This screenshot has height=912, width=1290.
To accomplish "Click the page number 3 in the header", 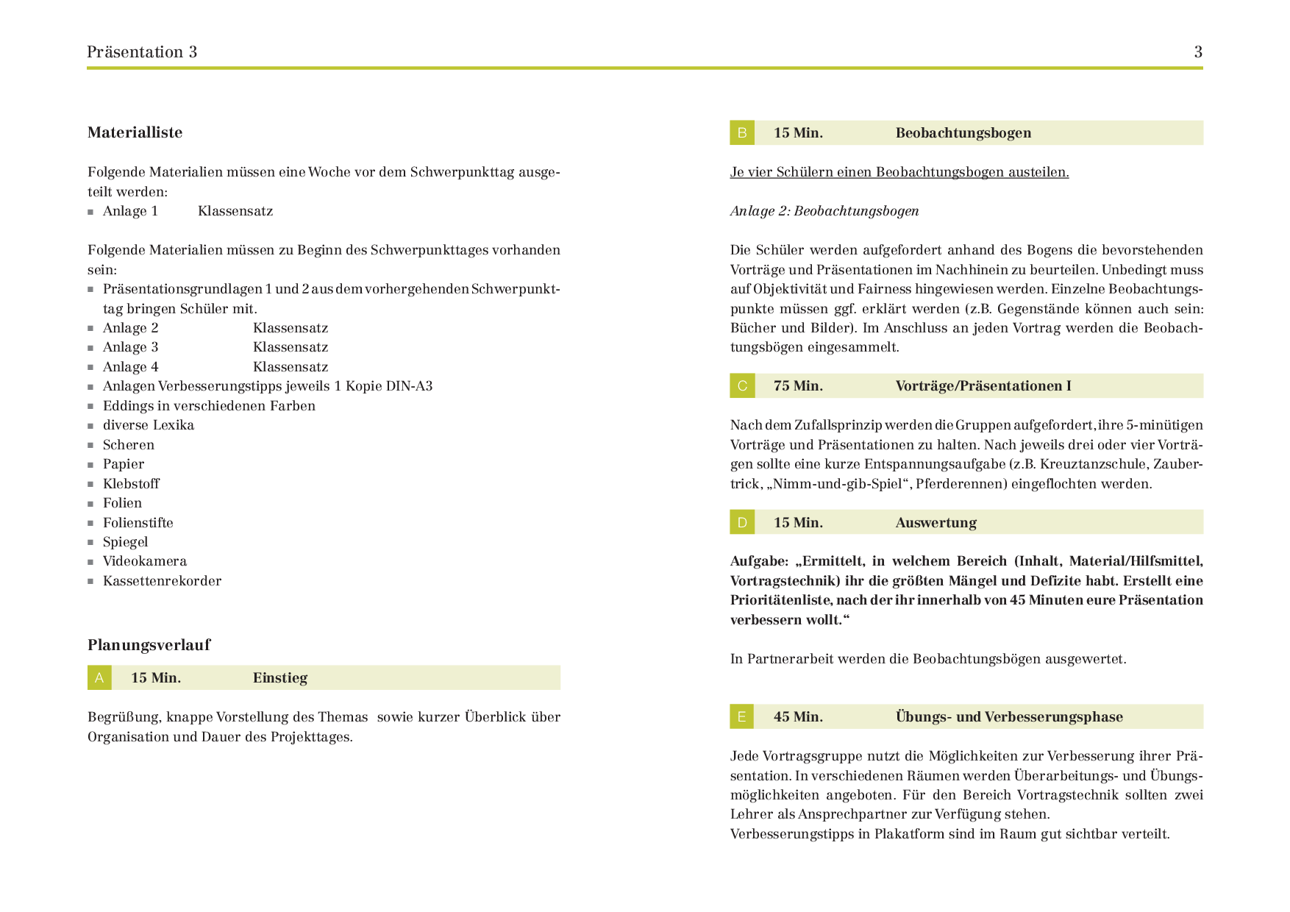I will pyautogui.click(x=1198, y=52).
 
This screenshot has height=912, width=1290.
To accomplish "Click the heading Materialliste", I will pyautogui.click(x=135, y=132).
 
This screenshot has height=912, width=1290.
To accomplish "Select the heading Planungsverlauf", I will pyautogui.click(x=149, y=645).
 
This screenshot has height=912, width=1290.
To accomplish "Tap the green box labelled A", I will pyautogui.click(x=99, y=678).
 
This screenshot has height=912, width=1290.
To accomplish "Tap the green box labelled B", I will pyautogui.click(x=742, y=133).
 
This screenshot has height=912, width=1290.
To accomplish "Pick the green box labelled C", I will pyautogui.click(x=742, y=386).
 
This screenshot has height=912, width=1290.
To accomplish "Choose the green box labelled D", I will pyautogui.click(x=742, y=523).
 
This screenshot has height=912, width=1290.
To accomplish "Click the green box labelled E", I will pyautogui.click(x=742, y=717).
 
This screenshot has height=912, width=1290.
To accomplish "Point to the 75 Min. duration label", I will pyautogui.click(x=798, y=386).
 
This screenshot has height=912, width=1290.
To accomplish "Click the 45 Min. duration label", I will pyautogui.click(x=798, y=717).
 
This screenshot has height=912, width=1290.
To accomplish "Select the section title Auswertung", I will pyautogui.click(x=936, y=523).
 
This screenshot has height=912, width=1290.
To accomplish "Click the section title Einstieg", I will pyautogui.click(x=279, y=678).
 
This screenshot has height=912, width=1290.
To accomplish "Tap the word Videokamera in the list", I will pyautogui.click(x=145, y=561).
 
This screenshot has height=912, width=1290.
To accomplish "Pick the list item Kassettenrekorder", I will pyautogui.click(x=162, y=581).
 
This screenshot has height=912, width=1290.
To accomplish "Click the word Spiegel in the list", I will pyautogui.click(x=125, y=542).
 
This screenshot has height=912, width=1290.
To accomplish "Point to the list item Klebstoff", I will pyautogui.click(x=131, y=484).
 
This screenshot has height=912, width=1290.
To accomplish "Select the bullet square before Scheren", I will pyautogui.click(x=90, y=446).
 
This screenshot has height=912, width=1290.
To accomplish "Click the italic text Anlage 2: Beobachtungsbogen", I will pyautogui.click(x=824, y=211).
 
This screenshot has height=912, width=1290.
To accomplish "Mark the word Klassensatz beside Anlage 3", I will pyautogui.click(x=291, y=347).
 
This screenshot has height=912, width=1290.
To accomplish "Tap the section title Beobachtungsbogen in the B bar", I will pyautogui.click(x=963, y=133).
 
